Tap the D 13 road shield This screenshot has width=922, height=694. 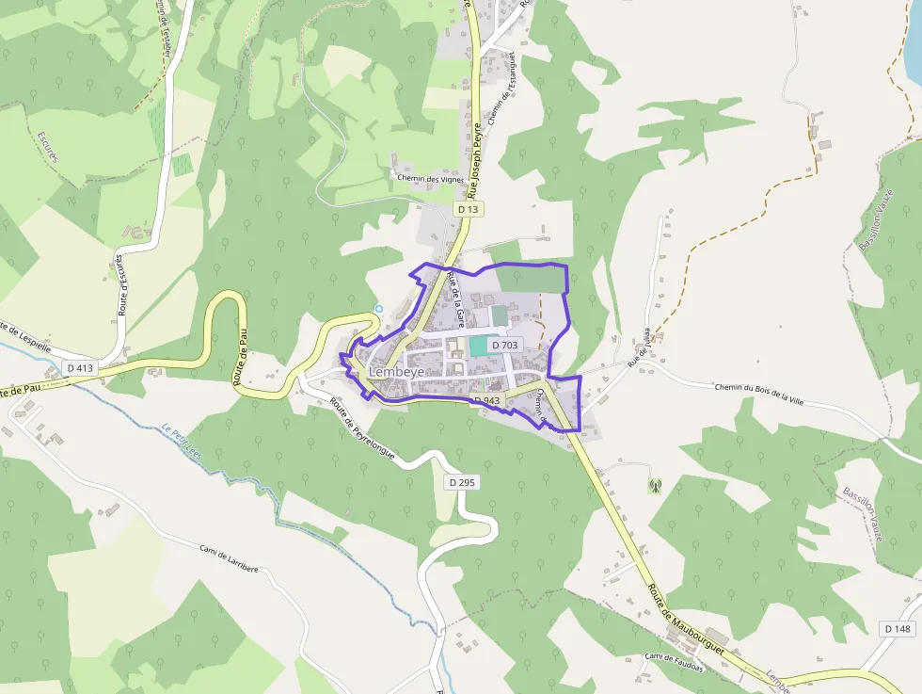(468, 208)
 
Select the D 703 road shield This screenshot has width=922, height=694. (504, 346)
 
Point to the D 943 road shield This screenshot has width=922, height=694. (485, 401)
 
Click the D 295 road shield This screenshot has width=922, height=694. (463, 482)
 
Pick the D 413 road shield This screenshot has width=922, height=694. (81, 367)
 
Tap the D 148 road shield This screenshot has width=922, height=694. (898, 628)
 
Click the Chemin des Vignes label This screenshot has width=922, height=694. (432, 178)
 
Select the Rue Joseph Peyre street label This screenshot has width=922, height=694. (477, 150)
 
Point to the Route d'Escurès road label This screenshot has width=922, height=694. (120, 283)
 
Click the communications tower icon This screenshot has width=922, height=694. (655, 486)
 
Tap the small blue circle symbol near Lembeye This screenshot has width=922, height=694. (379, 308)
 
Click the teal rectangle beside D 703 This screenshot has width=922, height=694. (479, 346)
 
